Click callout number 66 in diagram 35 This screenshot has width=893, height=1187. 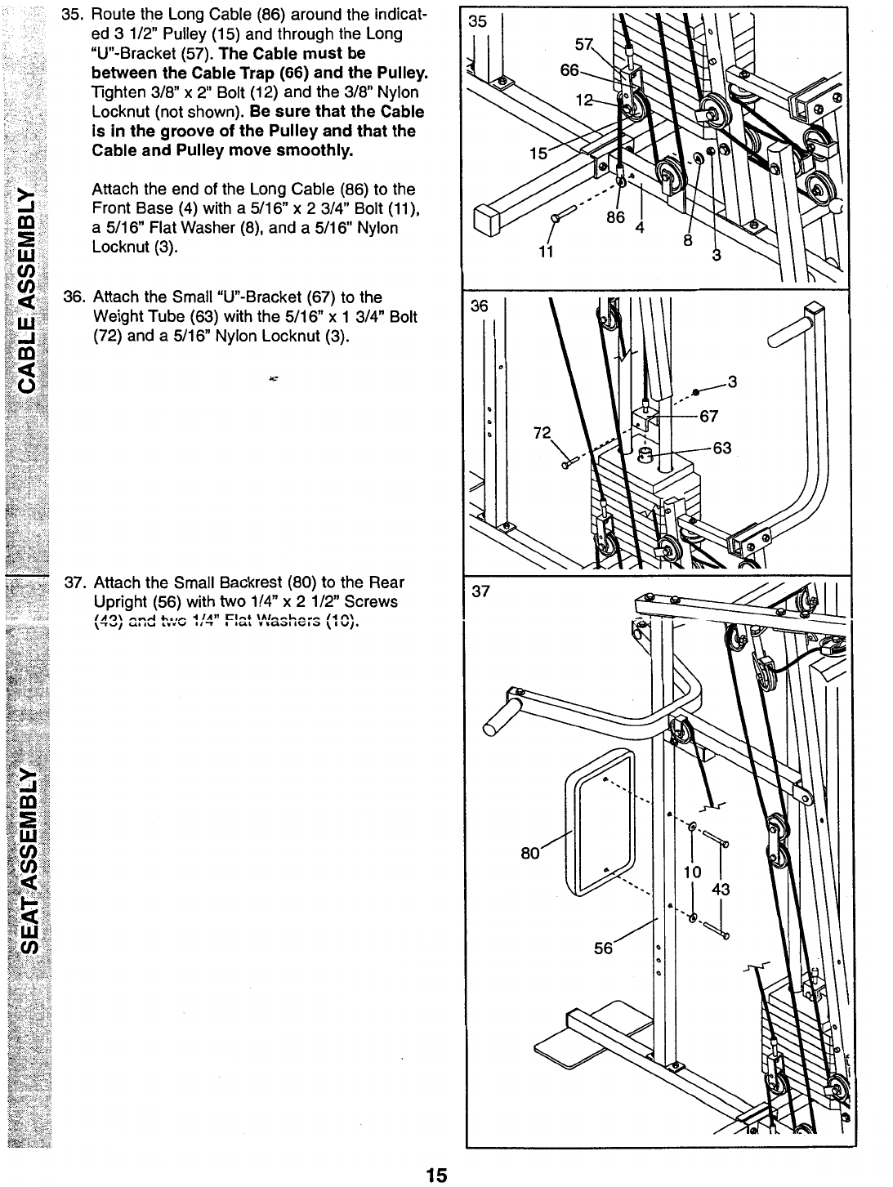click(x=569, y=72)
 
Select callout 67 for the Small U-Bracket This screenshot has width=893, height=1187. click(x=709, y=416)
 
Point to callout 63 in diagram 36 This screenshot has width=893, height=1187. click(x=721, y=447)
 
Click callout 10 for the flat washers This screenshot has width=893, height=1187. click(x=692, y=872)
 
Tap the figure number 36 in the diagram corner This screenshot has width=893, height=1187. click(x=478, y=306)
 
